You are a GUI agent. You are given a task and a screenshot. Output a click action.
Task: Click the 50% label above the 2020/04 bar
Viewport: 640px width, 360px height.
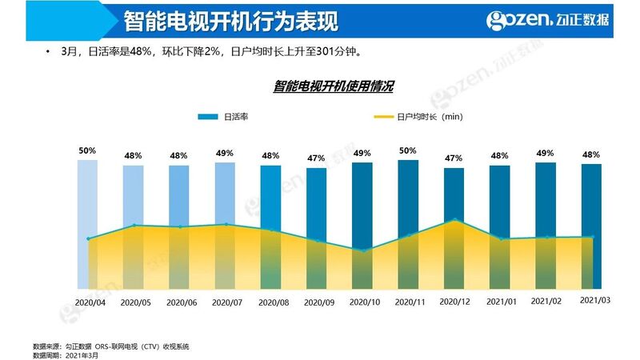tap(87, 150)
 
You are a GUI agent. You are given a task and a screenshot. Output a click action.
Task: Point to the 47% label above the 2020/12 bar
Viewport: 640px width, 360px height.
tap(454, 158)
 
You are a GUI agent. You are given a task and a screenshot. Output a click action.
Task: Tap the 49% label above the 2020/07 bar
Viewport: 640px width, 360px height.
tap(225, 153)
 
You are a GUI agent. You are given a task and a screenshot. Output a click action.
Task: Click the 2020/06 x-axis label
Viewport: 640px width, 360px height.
tap(181, 302)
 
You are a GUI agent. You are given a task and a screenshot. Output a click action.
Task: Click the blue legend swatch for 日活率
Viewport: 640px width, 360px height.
tap(207, 117)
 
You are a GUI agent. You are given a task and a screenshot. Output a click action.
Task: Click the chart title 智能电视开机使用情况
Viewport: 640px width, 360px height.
tap(334, 85)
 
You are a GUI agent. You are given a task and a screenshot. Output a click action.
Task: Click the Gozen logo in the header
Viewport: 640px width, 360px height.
tap(548, 20)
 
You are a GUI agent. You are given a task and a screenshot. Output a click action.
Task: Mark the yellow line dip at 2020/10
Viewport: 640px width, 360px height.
tap(363, 251)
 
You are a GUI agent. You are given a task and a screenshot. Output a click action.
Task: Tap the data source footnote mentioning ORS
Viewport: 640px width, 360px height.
tap(111, 346)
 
